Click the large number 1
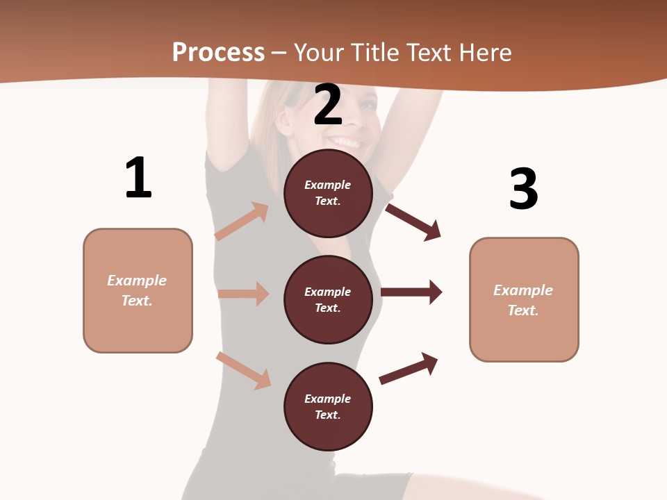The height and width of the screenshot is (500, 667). coord(138,178)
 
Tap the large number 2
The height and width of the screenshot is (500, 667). coord(328,105)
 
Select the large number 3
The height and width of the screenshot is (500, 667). coord(523,189)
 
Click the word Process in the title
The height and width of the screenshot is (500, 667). coord(218,52)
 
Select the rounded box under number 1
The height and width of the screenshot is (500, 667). coord(138,290)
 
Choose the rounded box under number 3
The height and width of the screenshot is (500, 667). coord(524,300)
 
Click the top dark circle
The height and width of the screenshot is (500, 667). coord(328,192)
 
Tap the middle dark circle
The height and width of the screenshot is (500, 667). coord(328,299)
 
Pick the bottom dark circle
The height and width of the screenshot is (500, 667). coord(328,406)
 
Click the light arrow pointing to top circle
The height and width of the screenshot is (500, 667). coord(242,222)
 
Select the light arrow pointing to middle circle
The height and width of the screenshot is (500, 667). coord(243,294)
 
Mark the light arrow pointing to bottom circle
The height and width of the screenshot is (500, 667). coord(243,370)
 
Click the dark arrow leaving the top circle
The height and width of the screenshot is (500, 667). coord(413,222)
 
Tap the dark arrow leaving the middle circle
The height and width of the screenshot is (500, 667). coord(411,292)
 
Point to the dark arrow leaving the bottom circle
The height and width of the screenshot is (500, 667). coord(409,368)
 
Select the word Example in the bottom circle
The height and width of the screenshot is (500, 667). coord(328,399)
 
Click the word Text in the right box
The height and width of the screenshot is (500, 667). coord(522,310)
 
